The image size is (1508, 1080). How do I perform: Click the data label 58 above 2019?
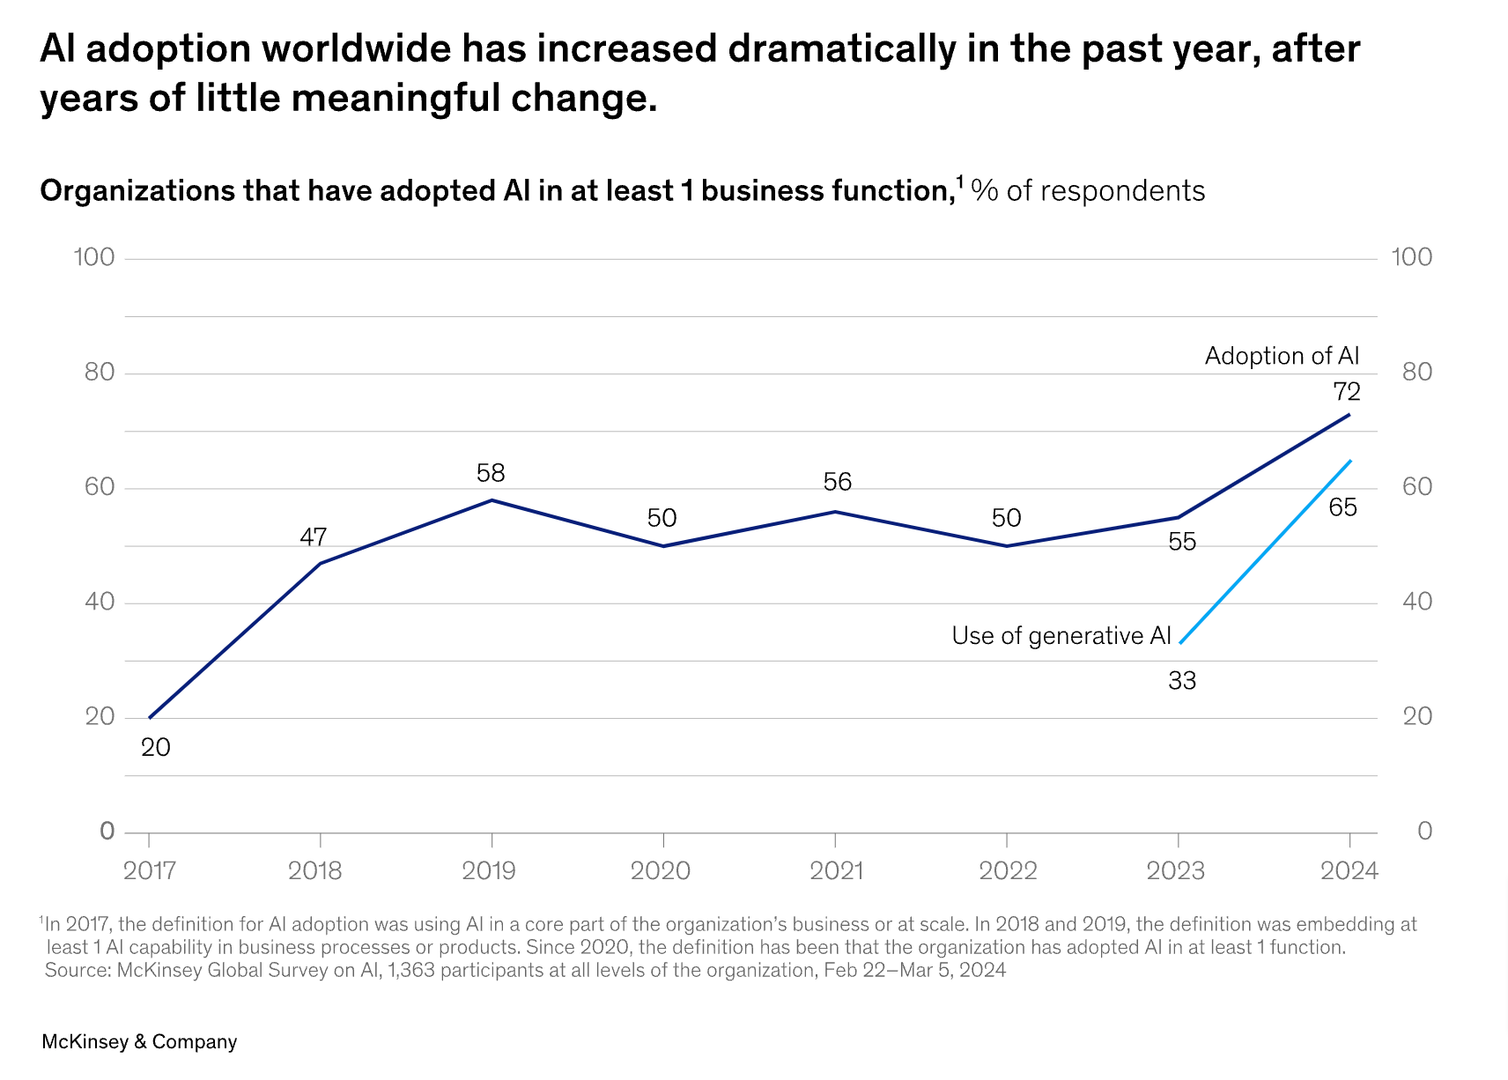(491, 473)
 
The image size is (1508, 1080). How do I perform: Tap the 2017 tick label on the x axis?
(150, 871)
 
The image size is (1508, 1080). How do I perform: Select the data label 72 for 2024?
(1347, 391)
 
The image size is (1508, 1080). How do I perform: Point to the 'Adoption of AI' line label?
(1282, 356)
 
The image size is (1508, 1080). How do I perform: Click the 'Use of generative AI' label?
(1061, 636)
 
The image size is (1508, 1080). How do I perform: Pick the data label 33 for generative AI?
(1182, 681)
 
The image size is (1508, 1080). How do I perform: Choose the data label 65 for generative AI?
(1342, 507)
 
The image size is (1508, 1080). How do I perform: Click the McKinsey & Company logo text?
(139, 1042)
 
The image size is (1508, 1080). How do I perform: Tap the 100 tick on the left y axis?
(94, 257)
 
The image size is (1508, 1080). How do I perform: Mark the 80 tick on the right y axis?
(1417, 372)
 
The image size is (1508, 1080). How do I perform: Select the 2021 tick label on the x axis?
(836, 871)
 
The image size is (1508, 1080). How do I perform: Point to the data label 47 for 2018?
(313, 536)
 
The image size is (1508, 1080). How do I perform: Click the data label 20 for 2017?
(156, 748)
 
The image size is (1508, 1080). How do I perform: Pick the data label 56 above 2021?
(838, 482)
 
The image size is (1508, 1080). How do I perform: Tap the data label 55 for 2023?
(1182, 542)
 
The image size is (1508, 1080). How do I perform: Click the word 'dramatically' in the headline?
(841, 48)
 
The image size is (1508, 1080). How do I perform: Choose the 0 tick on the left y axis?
(107, 831)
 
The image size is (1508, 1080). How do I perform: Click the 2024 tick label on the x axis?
(1349, 871)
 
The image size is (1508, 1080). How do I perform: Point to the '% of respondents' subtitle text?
(1088, 191)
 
